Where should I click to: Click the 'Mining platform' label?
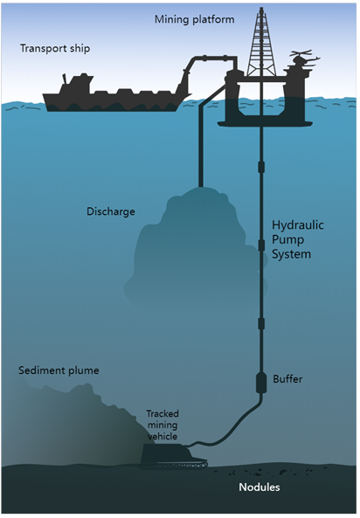pyautogui.click(x=194, y=19)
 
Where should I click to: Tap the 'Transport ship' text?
pyautogui.click(x=55, y=48)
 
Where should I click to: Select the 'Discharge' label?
pyautogui.click(x=111, y=211)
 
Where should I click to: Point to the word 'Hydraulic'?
pyautogui.click(x=298, y=225)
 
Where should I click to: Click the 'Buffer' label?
pyautogui.click(x=287, y=378)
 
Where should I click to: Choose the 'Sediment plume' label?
pyautogui.click(x=59, y=370)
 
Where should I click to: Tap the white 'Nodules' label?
pyautogui.click(x=260, y=487)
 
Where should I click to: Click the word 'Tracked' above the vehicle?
pyautogui.click(x=163, y=413)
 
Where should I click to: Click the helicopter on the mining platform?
pyautogui.click(x=302, y=59)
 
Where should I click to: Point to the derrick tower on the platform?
pyautogui.click(x=261, y=43)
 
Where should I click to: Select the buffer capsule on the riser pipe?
pyautogui.click(x=261, y=383)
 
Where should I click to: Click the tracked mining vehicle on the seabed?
pyautogui.click(x=172, y=456)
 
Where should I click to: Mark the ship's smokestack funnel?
pyautogui.click(x=66, y=79)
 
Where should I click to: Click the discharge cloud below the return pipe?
pyautogui.click(x=195, y=251)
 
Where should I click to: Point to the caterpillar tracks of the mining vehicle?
pyautogui.click(x=174, y=465)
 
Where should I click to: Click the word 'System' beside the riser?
pyautogui.click(x=291, y=254)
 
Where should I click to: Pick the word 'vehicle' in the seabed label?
pyautogui.click(x=163, y=436)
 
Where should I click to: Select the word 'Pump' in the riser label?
pyautogui.click(x=287, y=240)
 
